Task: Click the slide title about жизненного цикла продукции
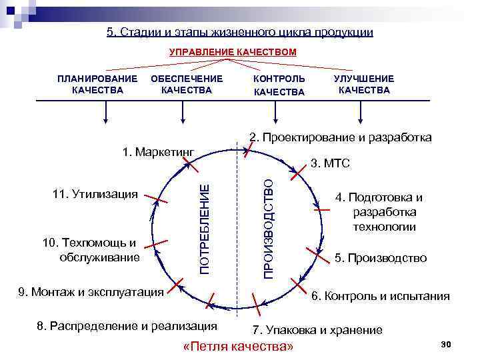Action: point(239,32)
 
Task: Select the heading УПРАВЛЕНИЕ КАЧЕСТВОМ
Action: point(233,52)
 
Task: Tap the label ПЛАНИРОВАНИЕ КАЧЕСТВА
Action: point(97,84)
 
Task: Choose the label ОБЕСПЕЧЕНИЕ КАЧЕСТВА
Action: point(187,84)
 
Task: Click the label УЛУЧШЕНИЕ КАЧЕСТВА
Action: point(364,84)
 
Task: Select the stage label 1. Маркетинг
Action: point(158,151)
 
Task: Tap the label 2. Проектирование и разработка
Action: point(340,137)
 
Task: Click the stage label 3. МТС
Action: point(331,163)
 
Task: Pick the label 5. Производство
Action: point(381,258)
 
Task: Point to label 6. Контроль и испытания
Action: point(381,296)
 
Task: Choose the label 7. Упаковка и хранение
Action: point(317,330)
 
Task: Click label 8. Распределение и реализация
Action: point(127,326)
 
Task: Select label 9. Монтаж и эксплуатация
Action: point(91,291)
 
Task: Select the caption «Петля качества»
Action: point(237,347)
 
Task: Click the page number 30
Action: point(447,343)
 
